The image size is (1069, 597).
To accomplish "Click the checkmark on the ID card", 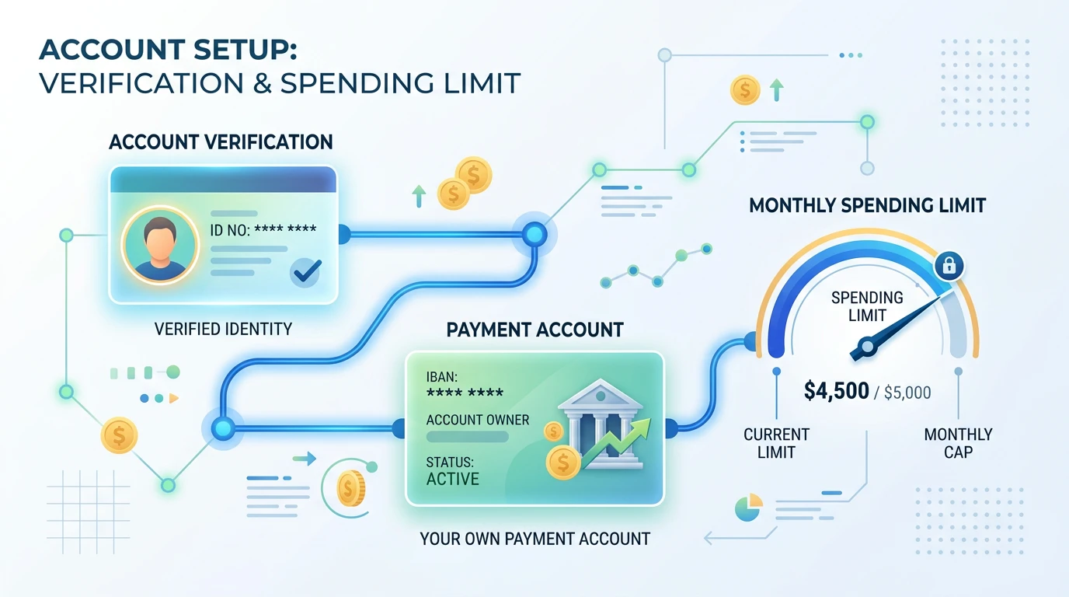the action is (x=307, y=271).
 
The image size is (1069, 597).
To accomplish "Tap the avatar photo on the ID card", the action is (x=160, y=246).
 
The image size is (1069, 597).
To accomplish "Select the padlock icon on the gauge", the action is (x=949, y=265).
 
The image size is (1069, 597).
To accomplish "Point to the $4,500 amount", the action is (x=836, y=391).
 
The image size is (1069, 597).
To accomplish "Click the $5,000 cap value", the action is (x=907, y=393).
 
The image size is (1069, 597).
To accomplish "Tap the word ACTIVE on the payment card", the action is (x=452, y=479).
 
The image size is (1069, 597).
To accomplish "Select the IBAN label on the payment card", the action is (x=442, y=377).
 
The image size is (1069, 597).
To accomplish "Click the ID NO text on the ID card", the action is (x=230, y=230).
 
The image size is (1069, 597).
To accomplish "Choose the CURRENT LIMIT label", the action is (x=776, y=443).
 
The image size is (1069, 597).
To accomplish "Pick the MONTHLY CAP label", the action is (x=958, y=443).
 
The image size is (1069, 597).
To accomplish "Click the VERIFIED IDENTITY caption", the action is (x=223, y=329).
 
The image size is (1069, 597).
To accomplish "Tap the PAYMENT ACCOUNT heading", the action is (x=534, y=330).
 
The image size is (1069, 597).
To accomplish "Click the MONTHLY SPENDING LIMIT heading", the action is (x=867, y=205).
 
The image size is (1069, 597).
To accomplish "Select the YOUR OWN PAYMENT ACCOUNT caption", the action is (x=535, y=539).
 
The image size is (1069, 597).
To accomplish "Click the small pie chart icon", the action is (x=748, y=508).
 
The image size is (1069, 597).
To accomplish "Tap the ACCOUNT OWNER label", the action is (x=478, y=420).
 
